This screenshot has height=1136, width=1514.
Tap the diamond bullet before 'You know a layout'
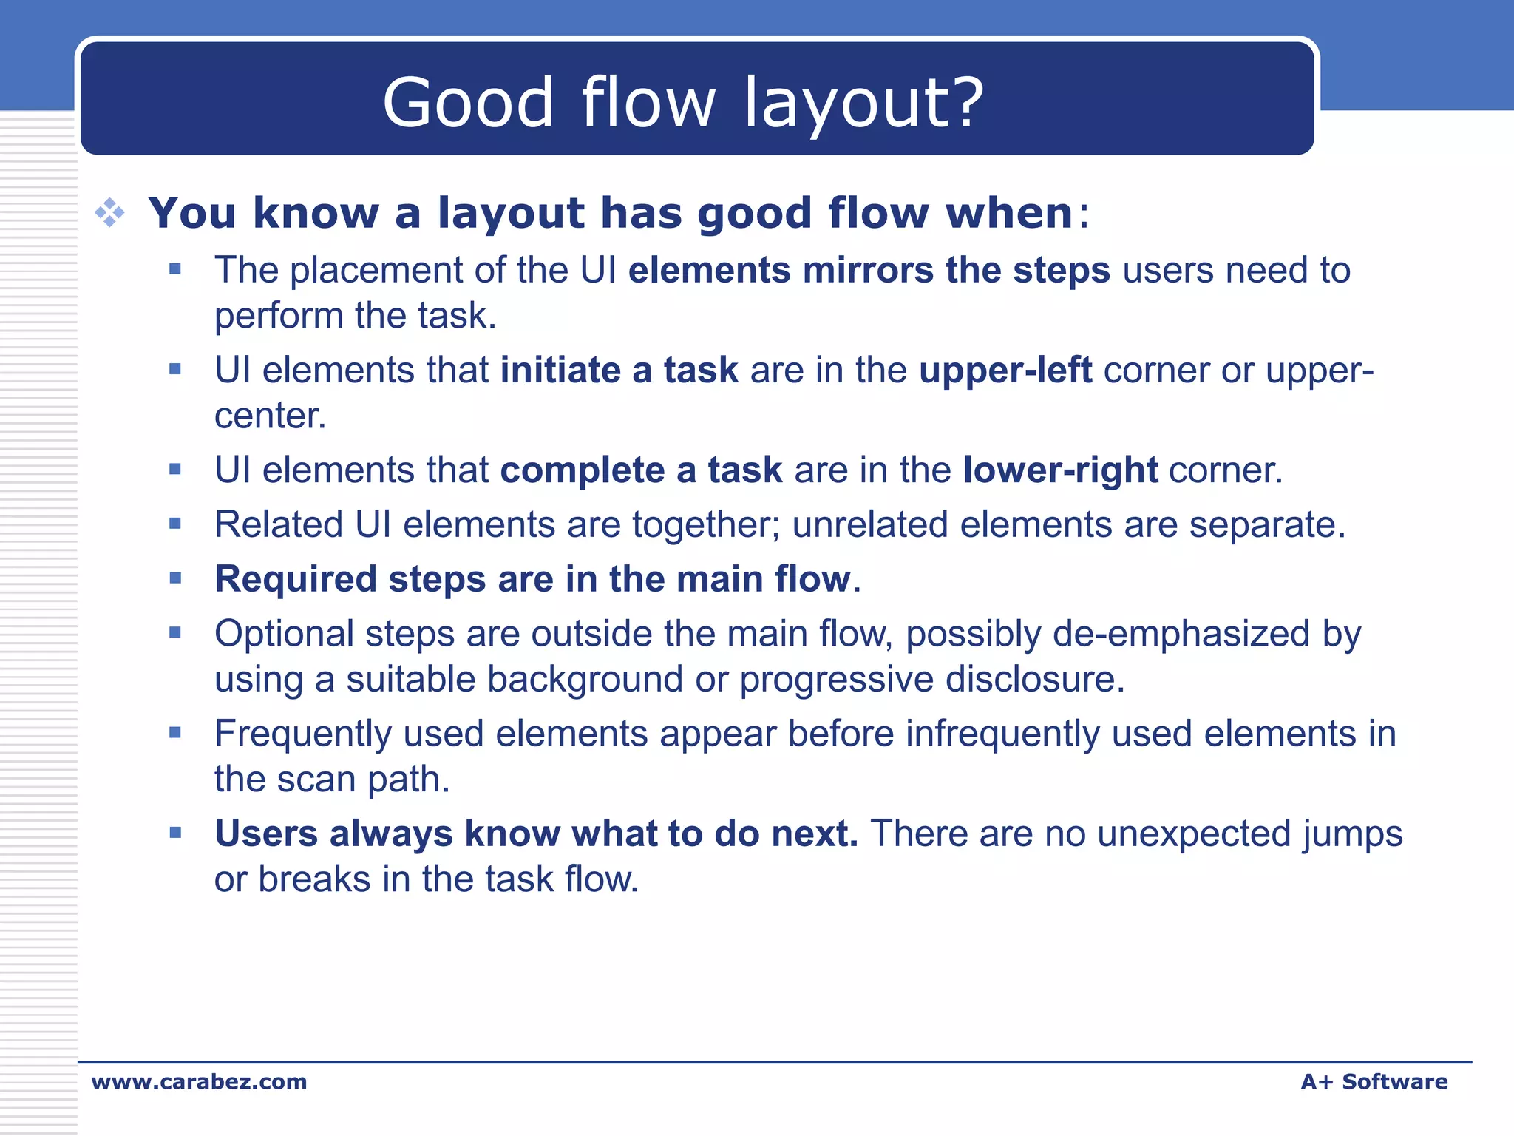(x=109, y=213)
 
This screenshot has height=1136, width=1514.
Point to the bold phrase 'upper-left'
(x=1005, y=370)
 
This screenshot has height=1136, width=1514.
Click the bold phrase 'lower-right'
(x=1060, y=470)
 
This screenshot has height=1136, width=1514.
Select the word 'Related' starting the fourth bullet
(x=279, y=524)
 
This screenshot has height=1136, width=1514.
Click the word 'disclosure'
(x=1030, y=679)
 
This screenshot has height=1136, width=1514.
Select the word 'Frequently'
(x=303, y=734)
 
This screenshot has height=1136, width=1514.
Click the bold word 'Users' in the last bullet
(x=266, y=834)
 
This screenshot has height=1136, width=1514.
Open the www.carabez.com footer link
(x=199, y=1082)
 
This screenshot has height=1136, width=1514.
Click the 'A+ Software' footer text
(x=1374, y=1082)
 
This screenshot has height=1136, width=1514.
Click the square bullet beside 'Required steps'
(x=175, y=578)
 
